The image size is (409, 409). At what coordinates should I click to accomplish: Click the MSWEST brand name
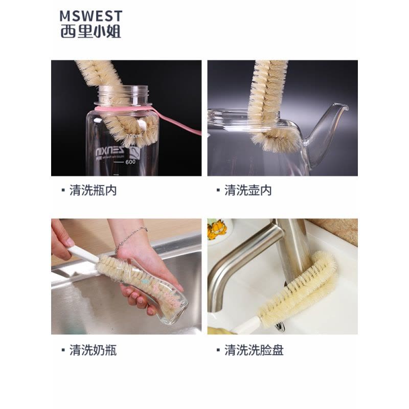point(91,16)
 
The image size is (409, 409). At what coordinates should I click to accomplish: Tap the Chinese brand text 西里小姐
point(91,32)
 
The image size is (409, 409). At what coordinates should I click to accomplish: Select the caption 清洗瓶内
point(93,190)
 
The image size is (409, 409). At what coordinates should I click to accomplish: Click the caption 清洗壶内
point(248,190)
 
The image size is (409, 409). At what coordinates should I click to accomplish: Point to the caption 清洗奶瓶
point(93,350)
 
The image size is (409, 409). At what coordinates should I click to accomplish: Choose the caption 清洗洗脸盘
point(254,350)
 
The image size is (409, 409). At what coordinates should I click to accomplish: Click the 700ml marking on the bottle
point(134,136)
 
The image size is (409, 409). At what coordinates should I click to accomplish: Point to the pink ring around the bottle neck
point(123,108)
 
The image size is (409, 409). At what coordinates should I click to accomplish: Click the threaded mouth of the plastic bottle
point(123,95)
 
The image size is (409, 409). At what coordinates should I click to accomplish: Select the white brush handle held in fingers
point(83,255)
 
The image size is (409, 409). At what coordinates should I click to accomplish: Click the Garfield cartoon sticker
point(216,229)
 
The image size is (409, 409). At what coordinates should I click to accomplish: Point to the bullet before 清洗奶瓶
point(63,350)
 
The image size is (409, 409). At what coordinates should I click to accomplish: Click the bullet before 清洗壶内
point(218,190)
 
